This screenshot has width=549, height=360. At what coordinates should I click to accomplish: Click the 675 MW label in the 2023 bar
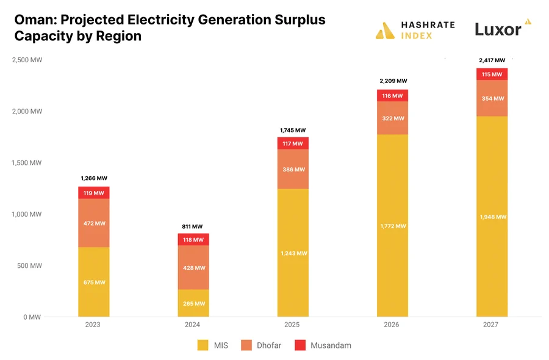pos(94,283)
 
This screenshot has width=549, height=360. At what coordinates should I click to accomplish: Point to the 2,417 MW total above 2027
pos(492,60)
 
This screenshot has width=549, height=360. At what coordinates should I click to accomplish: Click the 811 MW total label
pos(193,226)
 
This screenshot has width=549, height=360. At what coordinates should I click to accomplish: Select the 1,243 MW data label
pos(293,253)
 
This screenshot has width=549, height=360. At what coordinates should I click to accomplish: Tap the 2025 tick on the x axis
pos(293,325)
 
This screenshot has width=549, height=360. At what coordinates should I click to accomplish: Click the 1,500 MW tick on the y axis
pos(27,163)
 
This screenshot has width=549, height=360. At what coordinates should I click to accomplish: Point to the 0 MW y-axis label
pos(34,317)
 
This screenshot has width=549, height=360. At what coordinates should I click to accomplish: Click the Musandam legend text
pos(331,345)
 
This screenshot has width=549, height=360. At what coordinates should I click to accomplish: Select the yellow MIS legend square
pos(203,345)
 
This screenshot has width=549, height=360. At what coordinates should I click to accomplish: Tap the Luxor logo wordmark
pos(498,29)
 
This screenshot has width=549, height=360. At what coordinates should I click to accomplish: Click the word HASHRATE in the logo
pos(428,25)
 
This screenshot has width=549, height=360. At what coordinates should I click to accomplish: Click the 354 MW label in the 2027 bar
pos(492,99)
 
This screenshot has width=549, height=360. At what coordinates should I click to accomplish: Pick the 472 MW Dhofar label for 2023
pos(94,223)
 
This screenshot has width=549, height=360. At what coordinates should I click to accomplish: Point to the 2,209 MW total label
pos(392,81)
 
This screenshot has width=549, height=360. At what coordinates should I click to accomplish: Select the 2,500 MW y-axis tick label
pos(27,60)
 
